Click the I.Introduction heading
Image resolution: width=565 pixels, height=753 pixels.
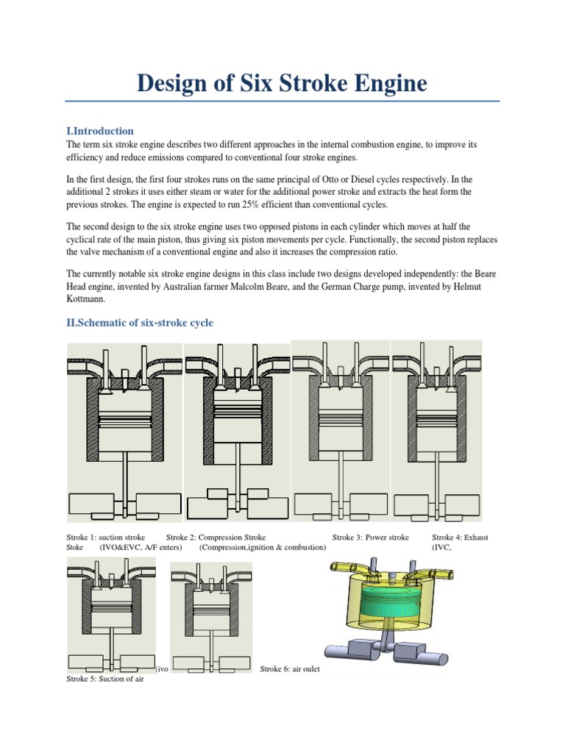[100, 131]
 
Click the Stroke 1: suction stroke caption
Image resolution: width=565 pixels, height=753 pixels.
[105, 538]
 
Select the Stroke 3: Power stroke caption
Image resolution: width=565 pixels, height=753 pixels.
[370, 538]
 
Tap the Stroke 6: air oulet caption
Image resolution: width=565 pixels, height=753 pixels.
[290, 670]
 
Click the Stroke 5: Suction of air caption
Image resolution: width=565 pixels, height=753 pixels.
[104, 679]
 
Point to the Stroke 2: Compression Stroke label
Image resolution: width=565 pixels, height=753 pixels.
[216, 538]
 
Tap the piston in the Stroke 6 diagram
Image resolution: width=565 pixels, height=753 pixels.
[215, 607]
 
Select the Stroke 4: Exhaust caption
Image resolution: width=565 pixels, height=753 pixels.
[460, 538]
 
